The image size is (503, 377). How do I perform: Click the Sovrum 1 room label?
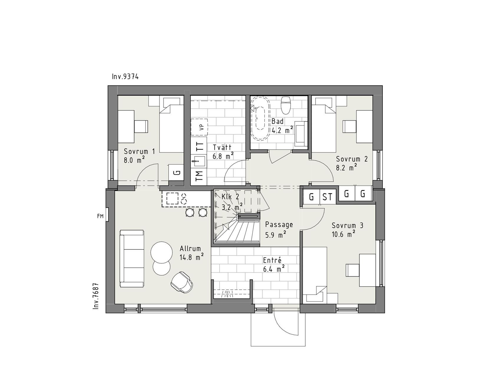pyautogui.click(x=139, y=152)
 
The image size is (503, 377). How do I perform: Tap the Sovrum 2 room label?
pyautogui.click(x=352, y=159)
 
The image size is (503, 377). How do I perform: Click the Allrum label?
pyautogui.click(x=190, y=249)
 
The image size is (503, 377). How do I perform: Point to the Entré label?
pyautogui.click(x=272, y=260)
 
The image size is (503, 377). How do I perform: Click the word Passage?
pyautogui.click(x=279, y=224)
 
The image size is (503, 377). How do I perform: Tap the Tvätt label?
pyautogui.click(x=222, y=147)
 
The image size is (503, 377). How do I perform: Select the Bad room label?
pyautogui.click(x=278, y=121)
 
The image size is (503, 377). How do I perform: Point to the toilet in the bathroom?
pyautogui.click(x=286, y=105)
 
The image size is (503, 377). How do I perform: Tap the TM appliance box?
pyautogui.click(x=199, y=176)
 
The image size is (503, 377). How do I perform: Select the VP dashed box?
pyautogui.click(x=199, y=127)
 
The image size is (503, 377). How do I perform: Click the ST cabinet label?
pyautogui.click(x=327, y=197)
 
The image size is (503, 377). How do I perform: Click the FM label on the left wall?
pyautogui.click(x=100, y=216)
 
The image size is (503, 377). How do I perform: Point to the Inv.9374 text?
pyautogui.click(x=125, y=77)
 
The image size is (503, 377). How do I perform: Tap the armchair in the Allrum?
pyautogui.click(x=182, y=281)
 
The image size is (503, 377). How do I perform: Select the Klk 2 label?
pyautogui.click(x=230, y=197)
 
